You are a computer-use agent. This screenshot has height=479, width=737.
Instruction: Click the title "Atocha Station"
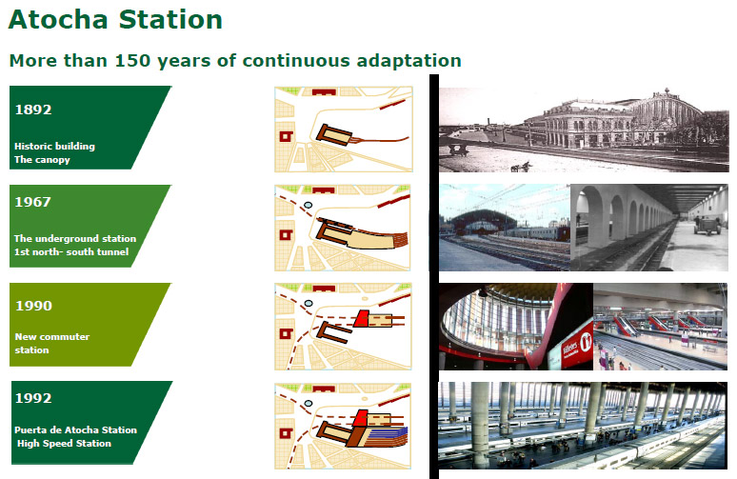tap(115, 20)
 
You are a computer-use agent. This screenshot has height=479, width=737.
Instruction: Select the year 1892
tap(33, 110)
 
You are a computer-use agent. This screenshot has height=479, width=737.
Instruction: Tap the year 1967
tap(33, 202)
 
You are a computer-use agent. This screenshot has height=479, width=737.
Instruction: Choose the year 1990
tap(33, 306)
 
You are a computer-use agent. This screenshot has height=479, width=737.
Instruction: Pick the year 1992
tap(33, 398)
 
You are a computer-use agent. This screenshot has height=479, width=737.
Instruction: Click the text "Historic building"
tap(54, 147)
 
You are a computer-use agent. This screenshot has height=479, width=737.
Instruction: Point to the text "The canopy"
tap(42, 160)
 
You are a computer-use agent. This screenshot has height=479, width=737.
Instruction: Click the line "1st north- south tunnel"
tap(71, 252)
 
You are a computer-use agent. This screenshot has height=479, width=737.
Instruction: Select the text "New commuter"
tap(52, 336)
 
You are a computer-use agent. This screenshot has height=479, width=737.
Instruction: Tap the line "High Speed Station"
tap(65, 443)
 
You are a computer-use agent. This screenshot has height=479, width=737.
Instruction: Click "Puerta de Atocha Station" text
tap(75, 429)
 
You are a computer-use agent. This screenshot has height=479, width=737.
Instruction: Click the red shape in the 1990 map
tap(361, 319)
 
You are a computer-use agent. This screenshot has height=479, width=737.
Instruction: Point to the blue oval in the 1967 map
tap(308, 205)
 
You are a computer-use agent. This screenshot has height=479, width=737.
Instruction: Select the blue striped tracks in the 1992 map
tap(387, 435)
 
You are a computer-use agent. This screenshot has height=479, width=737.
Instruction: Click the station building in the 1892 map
tap(333, 135)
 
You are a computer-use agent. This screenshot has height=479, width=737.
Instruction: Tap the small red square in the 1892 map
tap(286, 136)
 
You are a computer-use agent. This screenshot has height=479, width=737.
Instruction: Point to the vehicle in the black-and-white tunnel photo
tap(707, 225)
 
